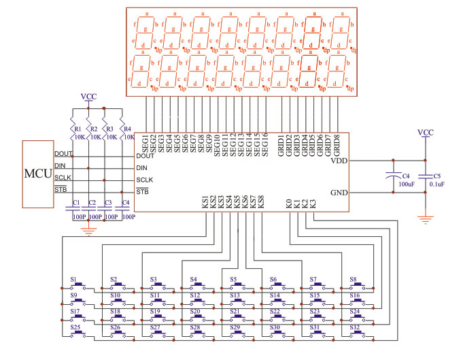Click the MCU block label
pyautogui.click(x=37, y=173)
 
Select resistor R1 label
pyautogui.click(x=78, y=129)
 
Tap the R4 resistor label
pyautogui.click(x=126, y=129)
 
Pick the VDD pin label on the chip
pyautogui.click(x=338, y=161)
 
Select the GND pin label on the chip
pyautogui.click(x=338, y=192)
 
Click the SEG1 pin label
pyautogui.click(x=145, y=144)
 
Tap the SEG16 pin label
pyautogui.click(x=265, y=144)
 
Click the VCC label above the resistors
pyautogui.click(x=88, y=97)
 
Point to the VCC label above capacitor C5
pyautogui.click(x=426, y=132)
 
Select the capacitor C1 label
pyautogui.click(x=76, y=203)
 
